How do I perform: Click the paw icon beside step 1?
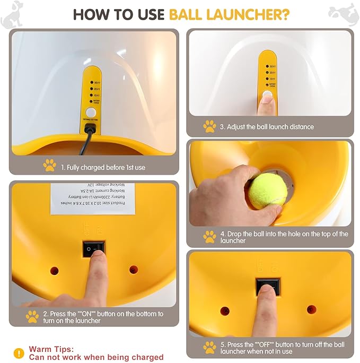49,166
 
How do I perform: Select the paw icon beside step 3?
209,126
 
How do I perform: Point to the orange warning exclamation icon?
19,353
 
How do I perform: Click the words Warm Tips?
50,349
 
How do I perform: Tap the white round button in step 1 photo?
91,113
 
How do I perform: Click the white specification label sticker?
93,198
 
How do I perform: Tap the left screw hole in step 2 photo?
54,270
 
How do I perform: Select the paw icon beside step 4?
209,237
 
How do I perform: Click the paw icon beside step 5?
209,348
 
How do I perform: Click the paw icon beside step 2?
32,317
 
